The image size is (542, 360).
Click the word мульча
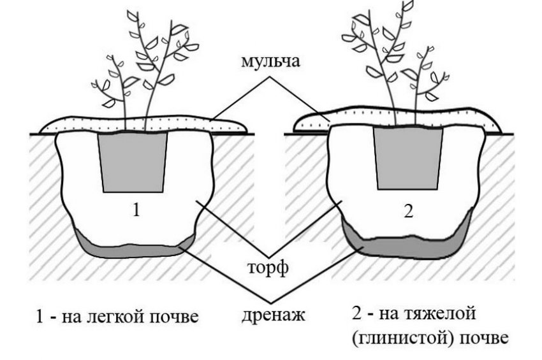pos(270,62)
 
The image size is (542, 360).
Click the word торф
pos(268,268)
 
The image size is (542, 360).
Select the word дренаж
pos(273,315)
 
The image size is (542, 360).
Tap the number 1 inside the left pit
pos(136,210)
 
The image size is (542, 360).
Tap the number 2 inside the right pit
pos(409,210)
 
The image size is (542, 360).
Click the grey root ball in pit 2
pos(409,159)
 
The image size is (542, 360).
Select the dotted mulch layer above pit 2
pos(397,118)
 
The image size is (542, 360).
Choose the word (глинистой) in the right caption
pos(400,338)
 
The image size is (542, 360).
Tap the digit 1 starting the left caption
pos(40,317)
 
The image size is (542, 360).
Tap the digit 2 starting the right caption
pos(356,313)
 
